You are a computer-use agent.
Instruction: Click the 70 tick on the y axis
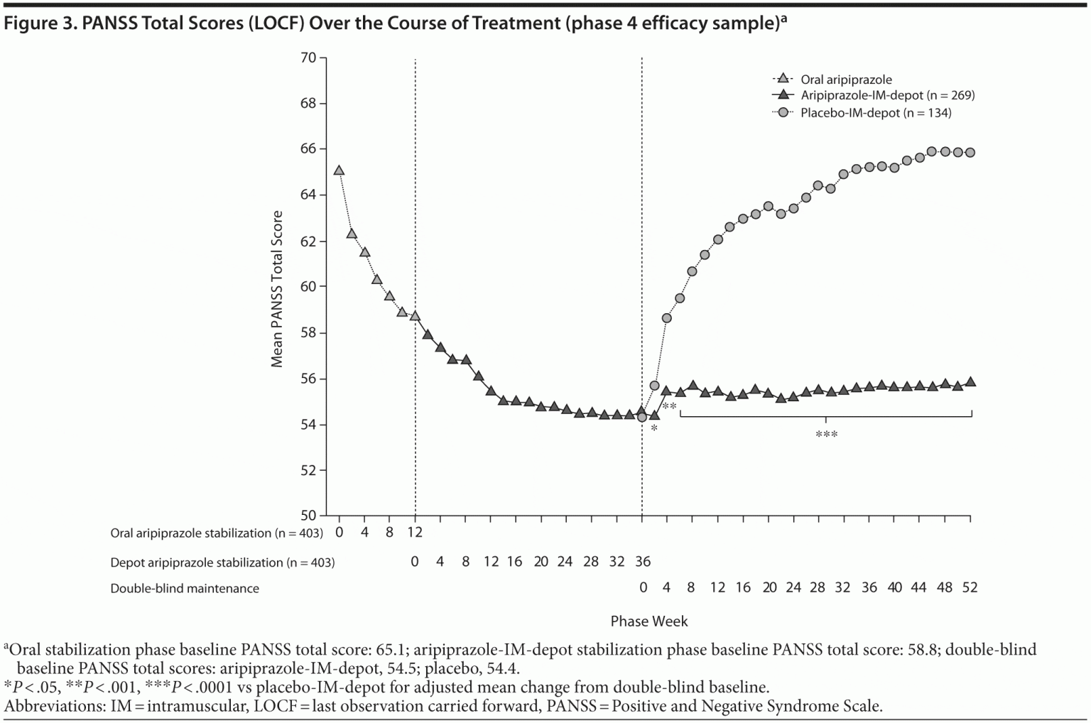pos(308,58)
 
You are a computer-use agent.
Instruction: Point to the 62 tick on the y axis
pos(308,241)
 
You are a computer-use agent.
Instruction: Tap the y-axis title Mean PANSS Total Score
pos(277,289)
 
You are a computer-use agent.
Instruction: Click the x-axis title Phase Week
pos(648,621)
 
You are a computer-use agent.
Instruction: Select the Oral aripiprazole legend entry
pos(846,80)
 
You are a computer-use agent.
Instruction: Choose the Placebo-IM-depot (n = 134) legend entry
pos(876,112)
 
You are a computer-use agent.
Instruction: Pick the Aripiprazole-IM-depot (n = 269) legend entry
pos(887,95)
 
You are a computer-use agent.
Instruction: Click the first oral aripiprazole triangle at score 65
pos(339,170)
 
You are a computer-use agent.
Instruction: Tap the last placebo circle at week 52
pos(970,153)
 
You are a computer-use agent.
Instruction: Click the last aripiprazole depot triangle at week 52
pos(970,381)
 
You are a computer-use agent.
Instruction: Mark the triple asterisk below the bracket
pos(826,435)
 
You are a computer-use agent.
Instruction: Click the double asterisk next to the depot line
pos(669,406)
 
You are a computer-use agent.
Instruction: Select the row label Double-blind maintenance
pos(185,588)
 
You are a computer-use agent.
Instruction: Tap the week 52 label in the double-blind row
pos(970,587)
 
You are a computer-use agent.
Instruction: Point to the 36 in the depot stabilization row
pos(642,562)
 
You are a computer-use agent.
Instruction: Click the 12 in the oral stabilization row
pos(415,533)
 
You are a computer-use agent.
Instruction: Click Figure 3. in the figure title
pos(40,23)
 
